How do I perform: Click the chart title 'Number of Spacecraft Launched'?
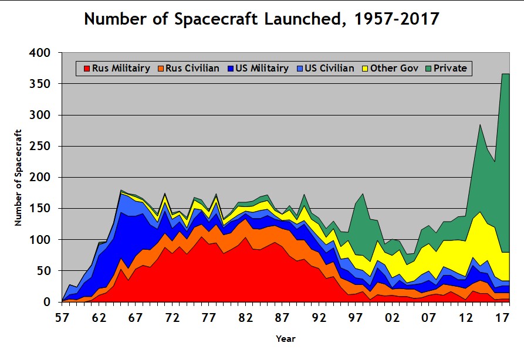(x=262, y=19)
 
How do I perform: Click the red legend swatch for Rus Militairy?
(x=87, y=69)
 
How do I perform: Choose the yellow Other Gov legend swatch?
(x=365, y=69)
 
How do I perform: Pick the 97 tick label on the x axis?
(x=356, y=318)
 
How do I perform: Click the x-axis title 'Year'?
(x=286, y=339)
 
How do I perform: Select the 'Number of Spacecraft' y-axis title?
(x=18, y=177)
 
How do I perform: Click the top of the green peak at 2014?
(x=481, y=125)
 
